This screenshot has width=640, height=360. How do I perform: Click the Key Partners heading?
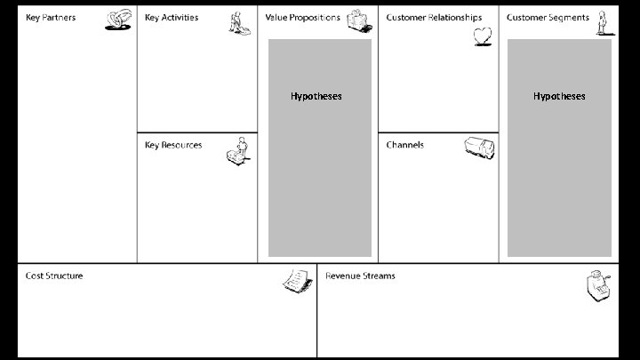click(51, 18)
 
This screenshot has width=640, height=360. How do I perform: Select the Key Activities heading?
click(172, 18)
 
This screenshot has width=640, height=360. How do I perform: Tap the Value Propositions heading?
click(302, 18)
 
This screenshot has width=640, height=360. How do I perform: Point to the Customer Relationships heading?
click(434, 18)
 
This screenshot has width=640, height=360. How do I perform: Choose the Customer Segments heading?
click(548, 18)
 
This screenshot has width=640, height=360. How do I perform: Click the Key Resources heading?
click(173, 145)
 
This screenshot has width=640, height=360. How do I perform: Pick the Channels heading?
click(404, 145)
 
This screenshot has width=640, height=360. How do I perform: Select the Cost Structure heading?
click(54, 276)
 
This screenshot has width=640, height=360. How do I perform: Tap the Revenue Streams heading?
click(360, 276)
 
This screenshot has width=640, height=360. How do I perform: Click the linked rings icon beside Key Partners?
click(119, 20)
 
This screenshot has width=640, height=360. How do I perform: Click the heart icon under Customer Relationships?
click(482, 37)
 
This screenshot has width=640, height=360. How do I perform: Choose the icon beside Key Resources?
click(238, 150)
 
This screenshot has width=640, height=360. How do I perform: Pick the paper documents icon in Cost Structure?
click(296, 281)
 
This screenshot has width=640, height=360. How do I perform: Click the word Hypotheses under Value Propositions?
click(316, 96)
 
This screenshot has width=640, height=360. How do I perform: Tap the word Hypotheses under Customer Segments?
click(559, 96)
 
